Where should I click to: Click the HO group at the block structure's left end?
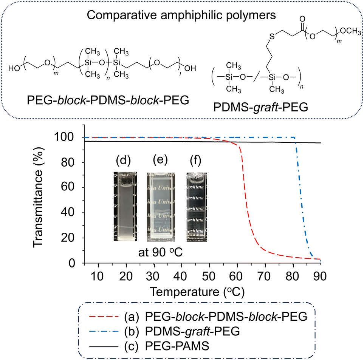(15, 68)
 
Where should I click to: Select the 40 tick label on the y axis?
(71, 213)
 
